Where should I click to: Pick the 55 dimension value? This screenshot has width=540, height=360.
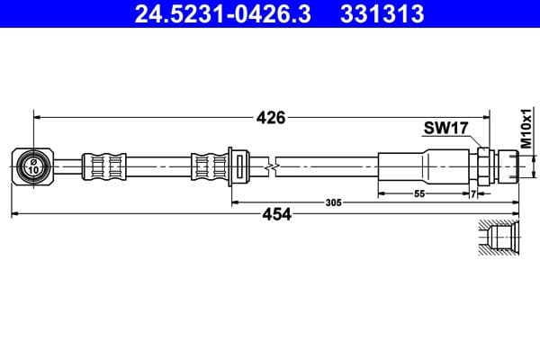point(419,193)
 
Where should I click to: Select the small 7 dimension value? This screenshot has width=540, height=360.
point(472,193)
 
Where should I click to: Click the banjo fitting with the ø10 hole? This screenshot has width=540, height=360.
point(34,166)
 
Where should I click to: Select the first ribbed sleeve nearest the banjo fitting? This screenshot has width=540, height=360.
point(103,166)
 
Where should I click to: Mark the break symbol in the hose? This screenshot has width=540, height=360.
point(271,166)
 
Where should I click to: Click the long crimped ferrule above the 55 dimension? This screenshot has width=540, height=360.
point(423,166)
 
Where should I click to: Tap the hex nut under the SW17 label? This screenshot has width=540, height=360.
point(483,166)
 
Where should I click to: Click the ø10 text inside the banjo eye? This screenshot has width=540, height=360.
point(33,166)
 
